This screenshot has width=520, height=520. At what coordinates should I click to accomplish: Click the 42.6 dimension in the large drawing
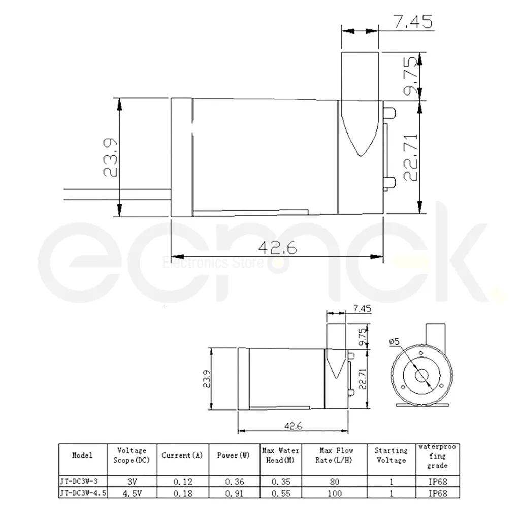[278, 247]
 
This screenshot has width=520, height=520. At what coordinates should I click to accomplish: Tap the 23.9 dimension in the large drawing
[110, 157]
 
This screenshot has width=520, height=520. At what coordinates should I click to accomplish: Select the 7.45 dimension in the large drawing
[413, 21]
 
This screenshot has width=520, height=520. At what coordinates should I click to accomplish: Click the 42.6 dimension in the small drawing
[293, 426]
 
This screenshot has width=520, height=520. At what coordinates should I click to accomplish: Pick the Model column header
[82, 456]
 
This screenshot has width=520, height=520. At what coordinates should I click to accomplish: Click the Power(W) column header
[233, 456]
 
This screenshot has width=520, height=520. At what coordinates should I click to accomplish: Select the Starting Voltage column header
[392, 456]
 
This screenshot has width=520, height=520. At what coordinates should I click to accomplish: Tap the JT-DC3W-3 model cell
[79, 481]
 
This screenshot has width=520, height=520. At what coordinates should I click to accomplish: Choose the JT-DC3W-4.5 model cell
[83, 493]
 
